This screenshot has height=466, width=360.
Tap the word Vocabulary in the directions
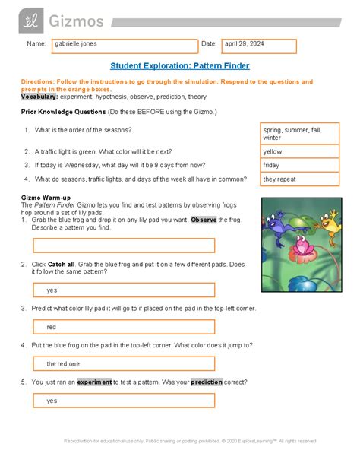coord(39,98)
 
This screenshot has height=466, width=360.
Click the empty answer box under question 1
coord(125,246)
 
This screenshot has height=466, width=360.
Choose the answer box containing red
coord(125,326)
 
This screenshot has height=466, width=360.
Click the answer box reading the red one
coord(125,363)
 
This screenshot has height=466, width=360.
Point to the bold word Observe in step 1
coord(204,220)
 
